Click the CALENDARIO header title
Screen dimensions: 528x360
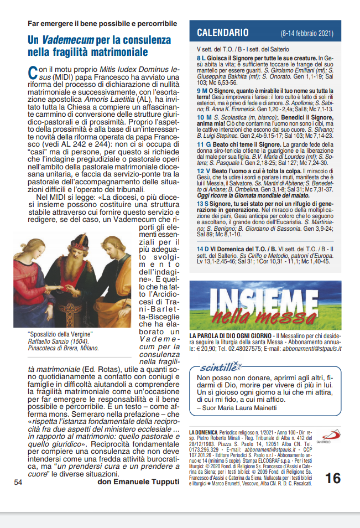[x=223, y=33]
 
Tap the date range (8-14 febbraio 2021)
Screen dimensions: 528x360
[x=306, y=33]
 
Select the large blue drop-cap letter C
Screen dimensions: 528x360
[x=33, y=72]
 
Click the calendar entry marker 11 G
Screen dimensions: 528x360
[x=203, y=144]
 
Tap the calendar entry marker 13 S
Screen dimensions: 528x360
[x=202, y=204]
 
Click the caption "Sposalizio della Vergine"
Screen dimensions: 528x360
[x=60, y=334]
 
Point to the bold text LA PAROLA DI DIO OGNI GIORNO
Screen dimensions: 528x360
[x=231, y=336]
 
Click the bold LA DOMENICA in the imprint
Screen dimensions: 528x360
[x=203, y=431]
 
